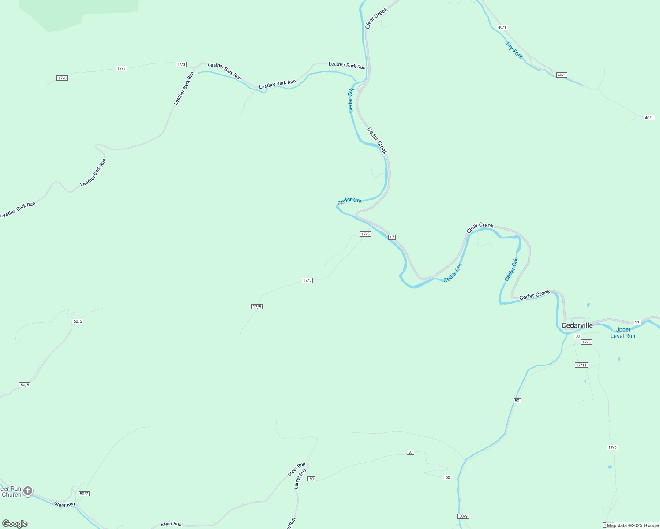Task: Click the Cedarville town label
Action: coord(577,326)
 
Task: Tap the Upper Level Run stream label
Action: coord(623,333)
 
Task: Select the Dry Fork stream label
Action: coord(514,50)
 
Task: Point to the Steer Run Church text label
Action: coord(11,492)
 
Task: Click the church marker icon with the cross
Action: coord(28,491)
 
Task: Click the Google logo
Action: coord(15,524)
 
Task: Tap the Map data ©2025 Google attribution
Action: coord(633,525)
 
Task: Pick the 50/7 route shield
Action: coord(84,494)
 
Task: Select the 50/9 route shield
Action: coord(463,516)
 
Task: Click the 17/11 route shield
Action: coord(581,365)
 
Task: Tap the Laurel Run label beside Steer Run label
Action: coord(300,479)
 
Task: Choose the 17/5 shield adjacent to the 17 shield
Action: coord(365,234)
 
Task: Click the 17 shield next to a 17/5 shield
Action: coord(392,237)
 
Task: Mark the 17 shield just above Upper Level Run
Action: coord(637,323)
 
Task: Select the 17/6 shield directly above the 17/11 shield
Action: coord(586,342)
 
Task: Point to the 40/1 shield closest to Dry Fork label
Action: coord(502,27)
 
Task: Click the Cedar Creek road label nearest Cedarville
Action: coord(535,295)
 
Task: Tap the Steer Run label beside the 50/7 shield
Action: coord(64,504)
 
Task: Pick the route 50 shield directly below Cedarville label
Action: coord(577,336)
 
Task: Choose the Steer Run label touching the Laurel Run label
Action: coord(296,469)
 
